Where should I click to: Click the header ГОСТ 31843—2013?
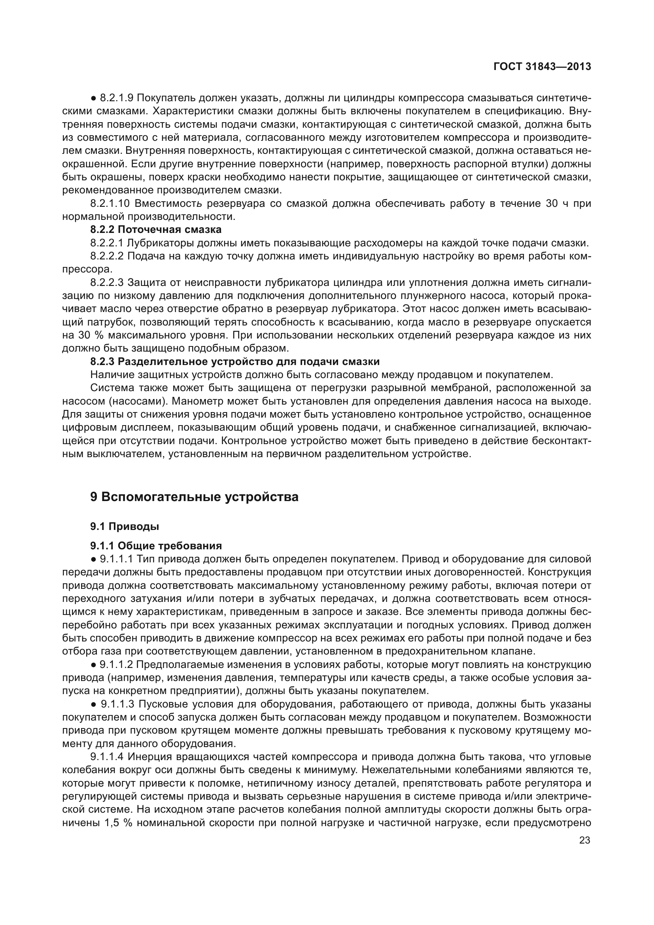(x=542, y=66)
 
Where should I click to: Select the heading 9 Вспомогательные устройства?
(x=194, y=497)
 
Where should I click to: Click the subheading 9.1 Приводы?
(x=125, y=526)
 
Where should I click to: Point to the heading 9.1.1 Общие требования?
(x=156, y=545)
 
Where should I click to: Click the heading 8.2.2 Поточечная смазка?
(x=155, y=230)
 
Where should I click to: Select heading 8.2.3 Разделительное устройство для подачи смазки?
(x=235, y=361)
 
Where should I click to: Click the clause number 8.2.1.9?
(x=117, y=98)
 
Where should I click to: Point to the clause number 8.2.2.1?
(x=107, y=243)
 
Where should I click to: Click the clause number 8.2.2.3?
(x=107, y=282)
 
